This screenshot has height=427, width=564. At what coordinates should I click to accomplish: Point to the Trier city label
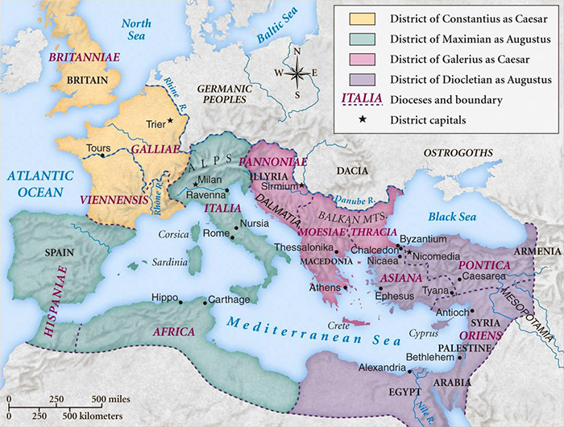[x=156, y=125]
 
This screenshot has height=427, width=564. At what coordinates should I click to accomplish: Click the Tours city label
[x=97, y=149]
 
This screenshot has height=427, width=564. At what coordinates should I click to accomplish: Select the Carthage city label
[x=229, y=299]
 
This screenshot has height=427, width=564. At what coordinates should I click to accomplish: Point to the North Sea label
[x=136, y=30]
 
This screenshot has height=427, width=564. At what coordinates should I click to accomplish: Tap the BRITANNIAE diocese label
[x=79, y=59]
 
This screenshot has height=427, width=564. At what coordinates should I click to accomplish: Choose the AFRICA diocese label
[x=172, y=331]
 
